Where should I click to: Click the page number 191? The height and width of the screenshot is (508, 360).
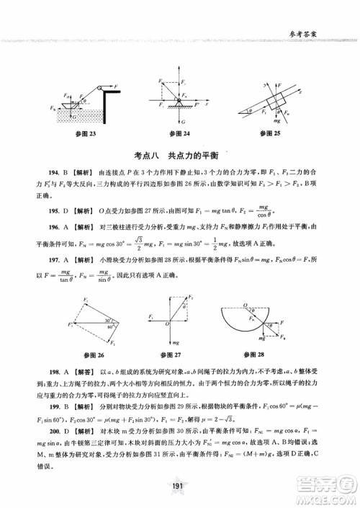(180, 486)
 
